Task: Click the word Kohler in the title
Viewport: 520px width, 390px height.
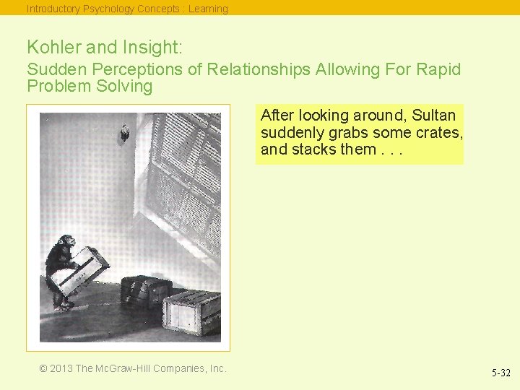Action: tap(53, 48)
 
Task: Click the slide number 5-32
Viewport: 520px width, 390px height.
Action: tap(501, 373)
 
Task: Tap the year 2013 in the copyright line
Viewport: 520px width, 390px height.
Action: tap(61, 368)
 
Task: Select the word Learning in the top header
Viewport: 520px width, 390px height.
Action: tap(208, 9)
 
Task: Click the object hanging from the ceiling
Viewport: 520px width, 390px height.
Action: tap(125, 132)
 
